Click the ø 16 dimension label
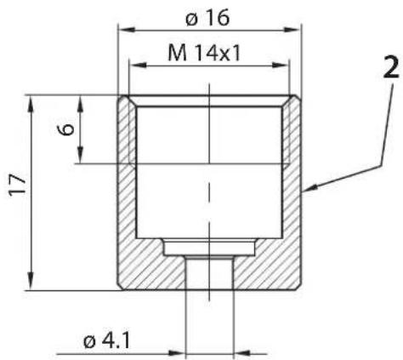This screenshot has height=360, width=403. (x=207, y=19)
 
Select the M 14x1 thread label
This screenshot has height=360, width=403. (x=204, y=54)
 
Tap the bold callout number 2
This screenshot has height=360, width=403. (x=391, y=67)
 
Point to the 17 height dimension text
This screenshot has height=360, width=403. (x=18, y=185)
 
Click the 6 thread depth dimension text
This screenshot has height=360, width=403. (x=66, y=129)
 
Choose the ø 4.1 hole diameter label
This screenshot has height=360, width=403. (x=106, y=341)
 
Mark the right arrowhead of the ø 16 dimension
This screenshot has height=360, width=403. (x=292, y=30)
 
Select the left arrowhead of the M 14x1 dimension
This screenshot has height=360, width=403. (x=137, y=65)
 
